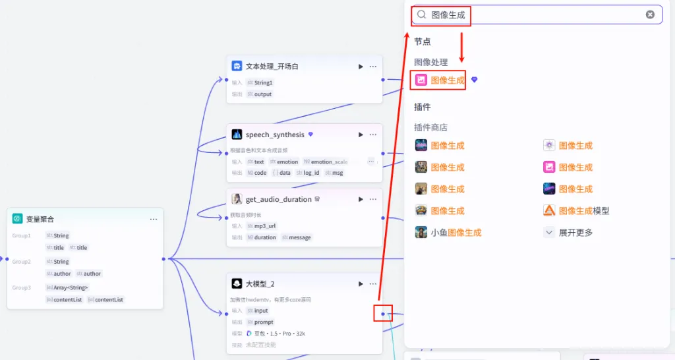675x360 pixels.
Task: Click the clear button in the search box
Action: (x=650, y=15)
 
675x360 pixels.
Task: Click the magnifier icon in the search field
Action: (x=422, y=15)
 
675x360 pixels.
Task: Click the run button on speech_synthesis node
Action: (x=361, y=135)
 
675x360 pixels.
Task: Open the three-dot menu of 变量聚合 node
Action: (x=154, y=219)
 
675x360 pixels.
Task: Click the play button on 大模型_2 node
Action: (x=361, y=284)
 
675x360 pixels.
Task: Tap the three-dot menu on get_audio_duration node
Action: (x=373, y=199)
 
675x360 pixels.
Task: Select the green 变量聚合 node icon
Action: (x=17, y=219)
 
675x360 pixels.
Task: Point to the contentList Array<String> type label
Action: (x=70, y=287)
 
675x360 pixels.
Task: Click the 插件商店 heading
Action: (x=431, y=127)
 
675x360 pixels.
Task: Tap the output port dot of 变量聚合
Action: (x=163, y=258)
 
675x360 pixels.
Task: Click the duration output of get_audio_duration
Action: (x=265, y=237)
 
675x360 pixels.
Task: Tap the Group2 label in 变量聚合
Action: (x=22, y=262)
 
